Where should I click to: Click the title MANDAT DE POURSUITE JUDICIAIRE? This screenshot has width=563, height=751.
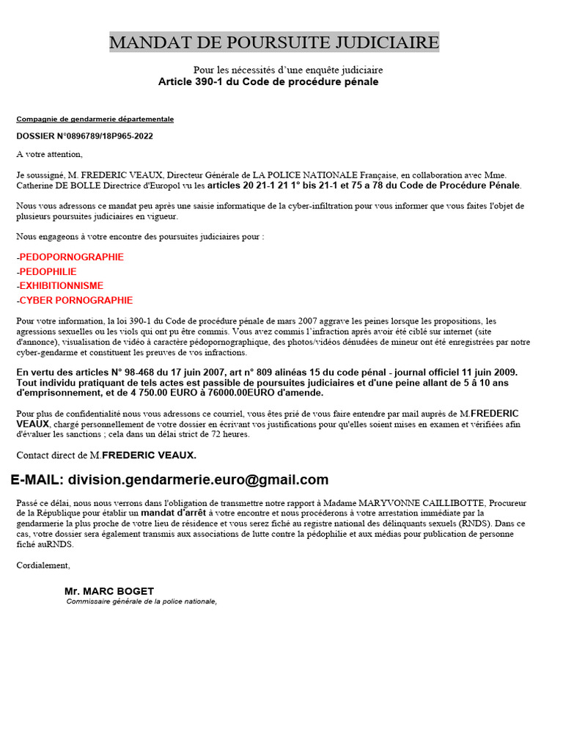pos(274,43)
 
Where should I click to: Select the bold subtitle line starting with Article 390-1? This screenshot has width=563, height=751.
pos(268,81)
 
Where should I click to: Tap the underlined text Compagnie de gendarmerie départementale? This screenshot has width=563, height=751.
pos(95,119)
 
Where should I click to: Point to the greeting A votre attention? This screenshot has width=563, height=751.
pos(50,154)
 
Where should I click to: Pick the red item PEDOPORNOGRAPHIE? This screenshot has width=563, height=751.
pos(71,257)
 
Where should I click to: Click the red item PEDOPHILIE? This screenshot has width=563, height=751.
pos(48,272)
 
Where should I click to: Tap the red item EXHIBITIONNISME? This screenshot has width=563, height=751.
pos(61,286)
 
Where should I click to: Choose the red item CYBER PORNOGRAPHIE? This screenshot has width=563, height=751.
pos(76,301)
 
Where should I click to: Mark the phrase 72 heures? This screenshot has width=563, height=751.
pos(231,434)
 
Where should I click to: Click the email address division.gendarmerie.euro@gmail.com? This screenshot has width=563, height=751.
pos(198,480)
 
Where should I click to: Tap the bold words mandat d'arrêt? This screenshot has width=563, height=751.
pos(173,513)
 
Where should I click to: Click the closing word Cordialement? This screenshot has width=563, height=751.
pos(43,565)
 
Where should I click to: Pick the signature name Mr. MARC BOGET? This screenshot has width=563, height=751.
pos(109,591)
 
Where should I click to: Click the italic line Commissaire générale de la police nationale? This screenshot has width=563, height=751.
pos(141,601)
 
